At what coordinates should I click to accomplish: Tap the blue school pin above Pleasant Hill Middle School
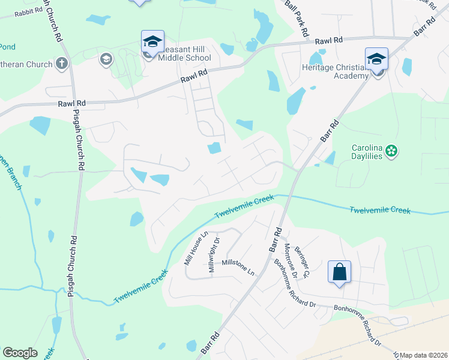[152, 41]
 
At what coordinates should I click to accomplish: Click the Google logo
[20, 353]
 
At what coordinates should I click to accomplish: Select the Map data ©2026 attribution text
[423, 355]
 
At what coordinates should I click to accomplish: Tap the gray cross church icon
[62, 62]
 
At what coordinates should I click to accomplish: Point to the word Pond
[7, 46]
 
